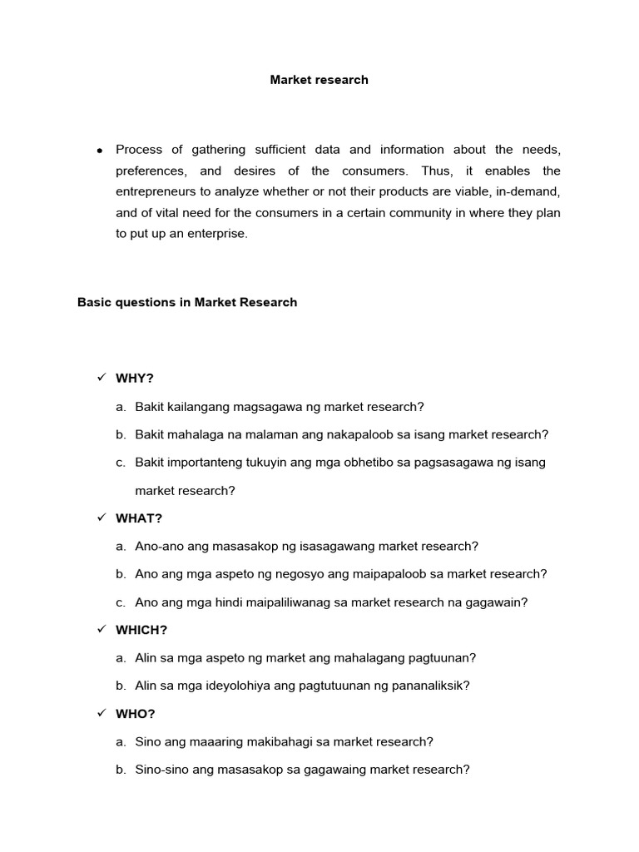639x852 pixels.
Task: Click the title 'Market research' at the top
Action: (x=319, y=80)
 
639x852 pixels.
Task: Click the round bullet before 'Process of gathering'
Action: (x=99, y=151)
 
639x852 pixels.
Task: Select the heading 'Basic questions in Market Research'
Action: (x=187, y=303)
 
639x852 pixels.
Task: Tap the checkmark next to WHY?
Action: (x=101, y=378)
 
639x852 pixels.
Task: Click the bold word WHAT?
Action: (x=139, y=518)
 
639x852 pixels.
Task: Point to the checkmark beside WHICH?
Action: (x=101, y=630)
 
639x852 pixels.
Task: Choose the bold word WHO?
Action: (x=136, y=714)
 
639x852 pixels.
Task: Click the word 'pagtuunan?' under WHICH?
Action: (x=443, y=658)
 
